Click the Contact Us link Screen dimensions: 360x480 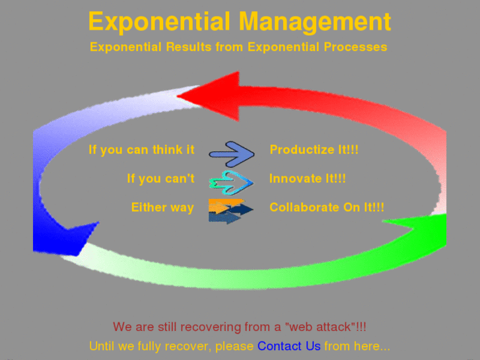(289, 346)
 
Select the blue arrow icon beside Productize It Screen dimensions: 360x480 (231, 153)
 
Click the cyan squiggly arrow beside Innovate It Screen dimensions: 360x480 (230, 180)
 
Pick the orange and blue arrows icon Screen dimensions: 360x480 (230, 211)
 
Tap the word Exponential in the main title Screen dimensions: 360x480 (159, 22)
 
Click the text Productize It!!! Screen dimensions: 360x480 (314, 150)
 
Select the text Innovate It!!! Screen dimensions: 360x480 (307, 179)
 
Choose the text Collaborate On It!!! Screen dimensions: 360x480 (327, 207)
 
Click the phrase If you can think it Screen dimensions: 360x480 (141, 150)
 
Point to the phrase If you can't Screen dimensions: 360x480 (160, 179)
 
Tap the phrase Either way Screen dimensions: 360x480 (162, 207)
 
